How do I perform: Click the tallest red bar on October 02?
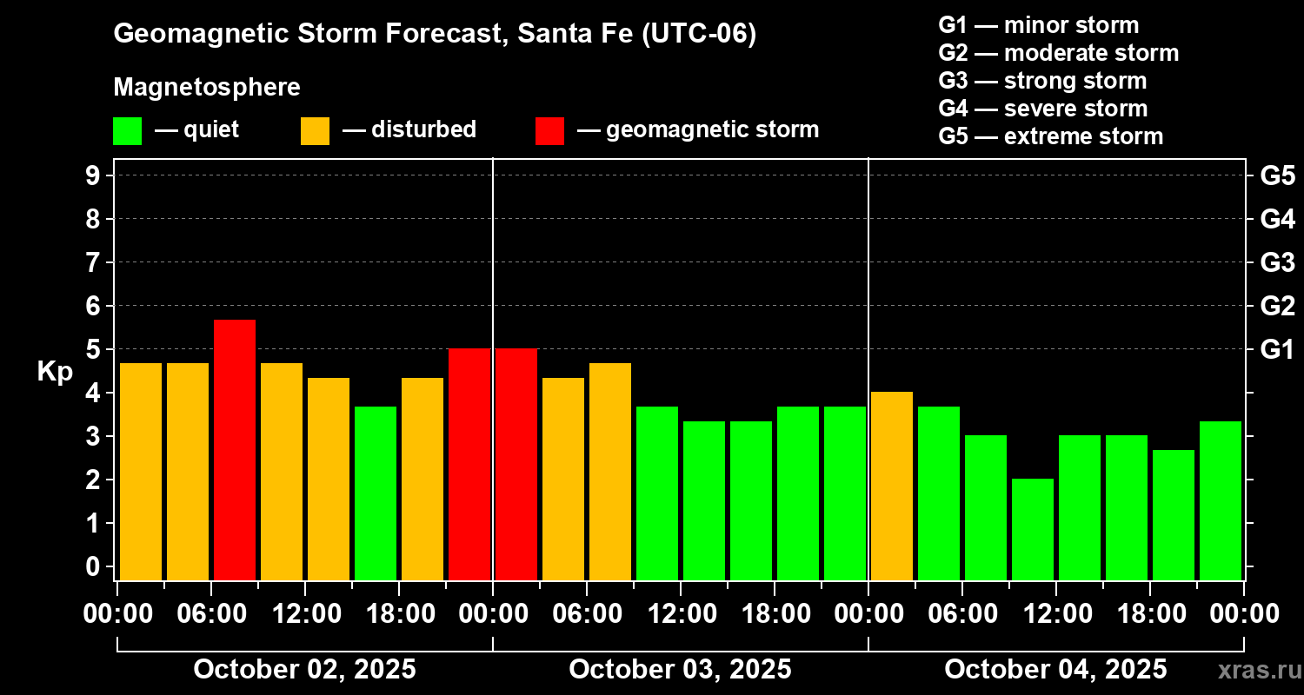click(x=235, y=449)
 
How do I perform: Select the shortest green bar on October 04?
click(x=1033, y=529)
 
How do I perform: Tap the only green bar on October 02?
click(x=376, y=493)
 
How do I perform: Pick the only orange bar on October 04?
click(x=892, y=486)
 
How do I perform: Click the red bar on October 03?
click(x=516, y=464)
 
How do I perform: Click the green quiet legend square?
click(x=127, y=131)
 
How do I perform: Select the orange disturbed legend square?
click(x=315, y=131)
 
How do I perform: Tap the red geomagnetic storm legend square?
click(x=549, y=131)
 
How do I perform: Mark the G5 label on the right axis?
click(x=1277, y=176)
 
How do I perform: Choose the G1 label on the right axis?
click(x=1277, y=350)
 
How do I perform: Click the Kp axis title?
click(x=54, y=372)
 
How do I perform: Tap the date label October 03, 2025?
click(x=680, y=669)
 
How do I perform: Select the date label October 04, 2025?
click(x=1055, y=669)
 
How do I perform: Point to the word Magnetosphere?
click(x=207, y=88)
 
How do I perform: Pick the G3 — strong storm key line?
click(x=1042, y=81)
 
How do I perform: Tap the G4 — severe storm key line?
click(x=1043, y=109)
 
